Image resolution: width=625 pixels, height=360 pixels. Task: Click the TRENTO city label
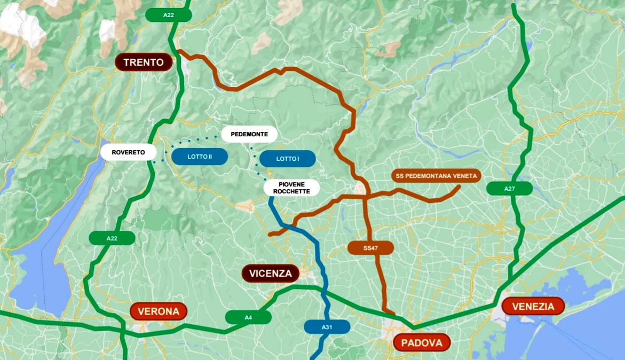coord(144,62)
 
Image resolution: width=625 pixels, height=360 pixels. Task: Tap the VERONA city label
coord(159,311)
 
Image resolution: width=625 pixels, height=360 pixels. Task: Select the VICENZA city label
coord(271,274)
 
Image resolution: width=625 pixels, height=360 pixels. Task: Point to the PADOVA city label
coord(421,343)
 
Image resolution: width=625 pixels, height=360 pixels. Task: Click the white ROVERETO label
coord(128,152)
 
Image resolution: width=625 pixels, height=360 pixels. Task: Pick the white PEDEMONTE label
coord(249,134)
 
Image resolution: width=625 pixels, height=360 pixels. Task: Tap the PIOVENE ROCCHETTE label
coord(291,187)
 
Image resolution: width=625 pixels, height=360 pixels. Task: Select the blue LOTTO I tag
coord(288,159)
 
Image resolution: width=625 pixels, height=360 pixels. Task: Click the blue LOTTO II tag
coord(200,156)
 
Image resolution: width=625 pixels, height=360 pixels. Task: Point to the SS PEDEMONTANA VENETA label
coord(437,176)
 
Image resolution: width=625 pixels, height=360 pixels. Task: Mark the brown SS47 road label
coord(370,248)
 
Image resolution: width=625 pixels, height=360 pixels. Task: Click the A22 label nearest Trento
coord(169,15)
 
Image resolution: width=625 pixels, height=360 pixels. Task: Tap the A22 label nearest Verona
coord(112,238)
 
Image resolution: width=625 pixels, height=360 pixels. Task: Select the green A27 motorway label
coord(509,188)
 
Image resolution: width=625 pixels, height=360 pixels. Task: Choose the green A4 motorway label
coord(248,317)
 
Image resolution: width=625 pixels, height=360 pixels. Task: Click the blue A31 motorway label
coord(327,327)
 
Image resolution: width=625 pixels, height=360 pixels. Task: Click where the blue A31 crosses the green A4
coord(323,291)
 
